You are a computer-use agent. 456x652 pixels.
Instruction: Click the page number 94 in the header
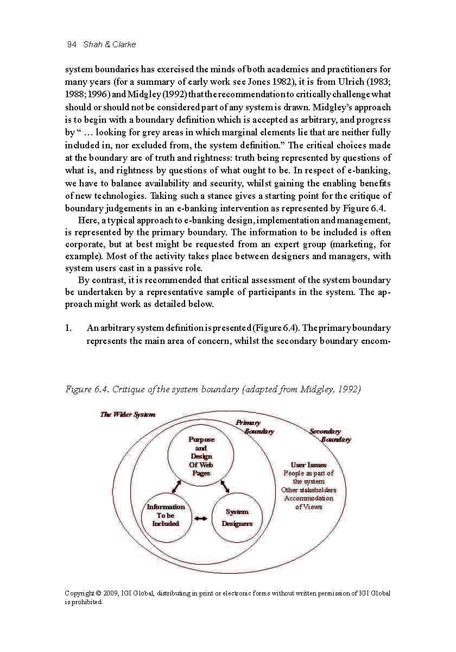coord(72,45)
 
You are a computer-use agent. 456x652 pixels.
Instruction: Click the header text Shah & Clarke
coord(109,45)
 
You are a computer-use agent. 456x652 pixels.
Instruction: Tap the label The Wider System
coord(128,415)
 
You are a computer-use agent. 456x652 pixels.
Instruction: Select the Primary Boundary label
coord(254,427)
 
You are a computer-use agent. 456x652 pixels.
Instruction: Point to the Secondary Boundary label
coord(330,435)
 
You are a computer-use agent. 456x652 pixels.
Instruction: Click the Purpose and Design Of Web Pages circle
coord(201,456)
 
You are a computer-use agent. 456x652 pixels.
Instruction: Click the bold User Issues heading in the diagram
coord(308,465)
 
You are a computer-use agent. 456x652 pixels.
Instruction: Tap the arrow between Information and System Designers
coord(201,518)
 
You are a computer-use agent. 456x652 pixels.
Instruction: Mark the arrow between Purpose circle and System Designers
coord(225,485)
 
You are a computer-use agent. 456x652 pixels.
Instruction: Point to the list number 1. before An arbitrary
coord(68,329)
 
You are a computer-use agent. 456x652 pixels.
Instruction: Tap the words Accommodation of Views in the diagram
coord(309,503)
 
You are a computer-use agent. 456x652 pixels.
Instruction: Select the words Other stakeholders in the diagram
coord(308,490)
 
